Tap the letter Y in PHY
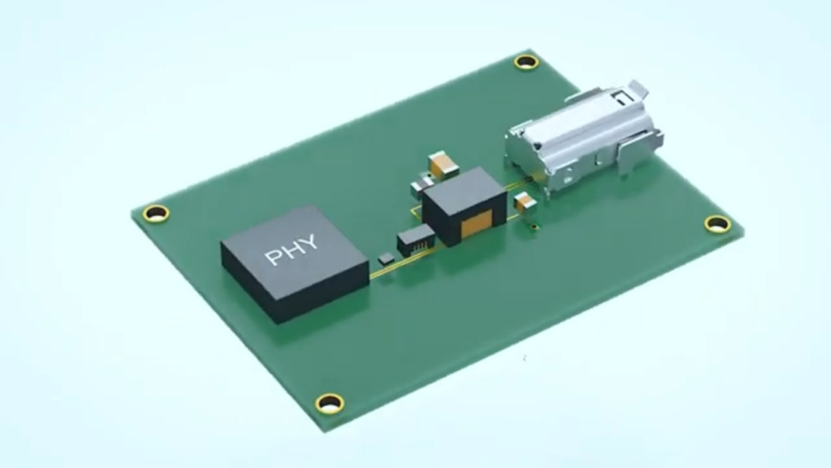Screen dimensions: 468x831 tap(310, 243)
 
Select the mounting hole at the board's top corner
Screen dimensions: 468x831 tap(526, 62)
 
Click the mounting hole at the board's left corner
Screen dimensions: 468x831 tap(156, 213)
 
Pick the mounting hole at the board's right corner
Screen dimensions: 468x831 tap(717, 224)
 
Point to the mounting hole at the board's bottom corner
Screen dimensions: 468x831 tap(330, 403)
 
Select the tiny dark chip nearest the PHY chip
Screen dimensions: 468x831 tap(386, 259)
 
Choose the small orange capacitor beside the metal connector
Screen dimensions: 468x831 tap(525, 202)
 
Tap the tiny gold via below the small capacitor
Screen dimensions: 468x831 tap(534, 226)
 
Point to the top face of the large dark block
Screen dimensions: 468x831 tap(463, 188)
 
